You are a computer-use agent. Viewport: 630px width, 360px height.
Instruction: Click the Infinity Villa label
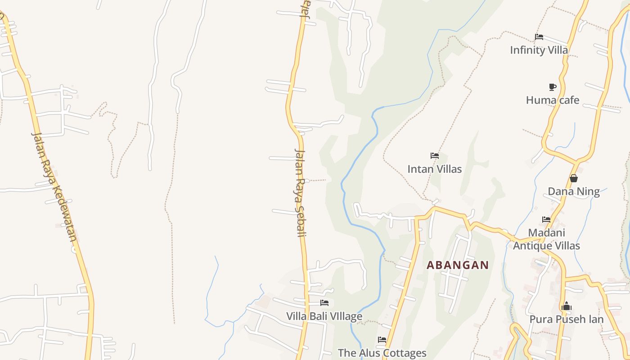pyautogui.click(x=539, y=50)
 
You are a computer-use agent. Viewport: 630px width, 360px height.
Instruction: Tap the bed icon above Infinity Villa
pyautogui.click(x=539, y=36)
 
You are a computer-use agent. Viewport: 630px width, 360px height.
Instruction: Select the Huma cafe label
pyautogui.click(x=553, y=100)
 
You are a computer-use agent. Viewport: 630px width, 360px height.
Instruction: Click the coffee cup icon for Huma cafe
pyautogui.click(x=553, y=87)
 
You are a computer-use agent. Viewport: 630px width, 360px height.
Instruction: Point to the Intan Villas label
pyautogui.click(x=434, y=169)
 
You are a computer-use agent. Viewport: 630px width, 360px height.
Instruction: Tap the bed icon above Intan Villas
pyautogui.click(x=434, y=156)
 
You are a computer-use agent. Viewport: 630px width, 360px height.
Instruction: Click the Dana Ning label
pyautogui.click(x=573, y=192)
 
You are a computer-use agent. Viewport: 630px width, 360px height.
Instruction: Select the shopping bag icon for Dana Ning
pyautogui.click(x=573, y=178)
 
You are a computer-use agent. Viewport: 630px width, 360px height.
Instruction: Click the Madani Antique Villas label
pyautogui.click(x=546, y=239)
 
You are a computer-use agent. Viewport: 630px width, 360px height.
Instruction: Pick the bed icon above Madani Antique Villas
pyautogui.click(x=546, y=220)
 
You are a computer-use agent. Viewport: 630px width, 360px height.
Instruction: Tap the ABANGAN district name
pyautogui.click(x=458, y=265)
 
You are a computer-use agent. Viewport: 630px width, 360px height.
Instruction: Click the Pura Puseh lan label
pyautogui.click(x=566, y=319)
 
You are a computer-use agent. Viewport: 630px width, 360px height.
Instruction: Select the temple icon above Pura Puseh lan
pyautogui.click(x=566, y=306)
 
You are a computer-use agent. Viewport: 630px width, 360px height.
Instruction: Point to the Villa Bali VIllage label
pyautogui.click(x=324, y=316)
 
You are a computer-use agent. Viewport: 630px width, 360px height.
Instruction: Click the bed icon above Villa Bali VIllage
pyautogui.click(x=324, y=303)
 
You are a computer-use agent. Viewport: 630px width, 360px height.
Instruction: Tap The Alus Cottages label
pyautogui.click(x=382, y=353)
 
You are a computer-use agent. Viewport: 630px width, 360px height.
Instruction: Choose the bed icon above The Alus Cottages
pyautogui.click(x=382, y=340)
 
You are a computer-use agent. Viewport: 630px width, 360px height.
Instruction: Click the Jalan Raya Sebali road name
pyautogui.click(x=300, y=192)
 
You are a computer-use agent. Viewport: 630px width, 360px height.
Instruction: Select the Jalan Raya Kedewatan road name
pyautogui.click(x=54, y=186)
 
